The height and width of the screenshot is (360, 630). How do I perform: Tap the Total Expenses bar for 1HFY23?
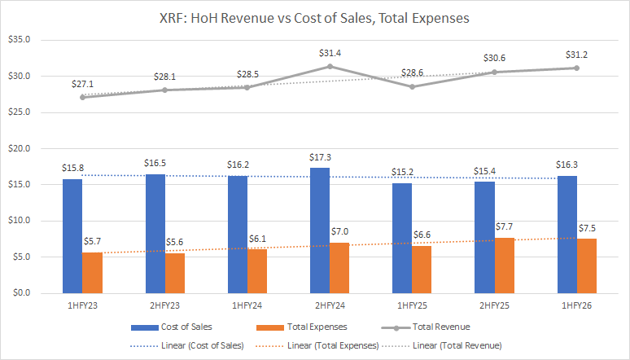(93, 272)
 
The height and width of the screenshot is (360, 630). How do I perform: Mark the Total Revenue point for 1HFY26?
(576, 68)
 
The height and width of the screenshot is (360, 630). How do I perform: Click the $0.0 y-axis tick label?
(20, 292)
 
